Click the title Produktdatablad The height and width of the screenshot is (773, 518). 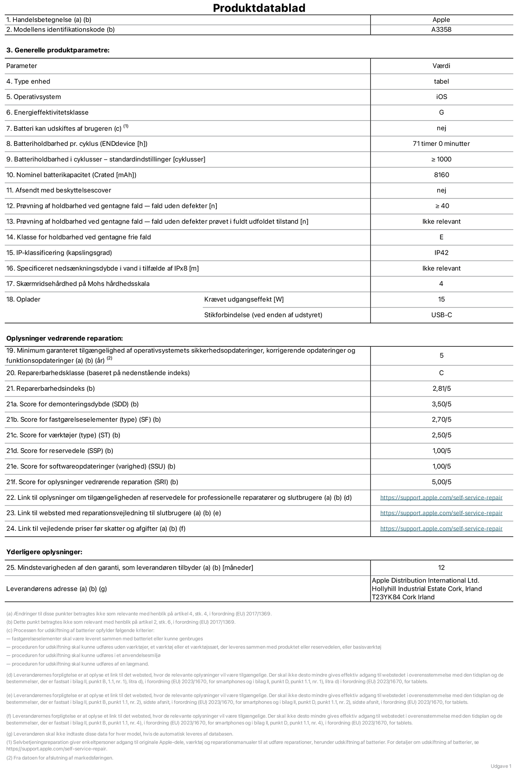[x=259, y=8]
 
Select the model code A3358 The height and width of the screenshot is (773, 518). [x=441, y=30]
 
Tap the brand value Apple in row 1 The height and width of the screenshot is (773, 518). [x=441, y=20]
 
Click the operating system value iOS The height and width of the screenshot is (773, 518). [x=441, y=97]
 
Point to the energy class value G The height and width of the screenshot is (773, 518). [x=441, y=112]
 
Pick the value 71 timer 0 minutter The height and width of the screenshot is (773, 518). [x=441, y=144]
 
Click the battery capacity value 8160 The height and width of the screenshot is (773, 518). [x=441, y=175]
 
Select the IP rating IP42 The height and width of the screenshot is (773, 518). [x=441, y=253]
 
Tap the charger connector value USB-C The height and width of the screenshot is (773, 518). [x=441, y=315]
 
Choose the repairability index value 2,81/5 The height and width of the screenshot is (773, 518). [x=441, y=388]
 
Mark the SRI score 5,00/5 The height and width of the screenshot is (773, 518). [x=441, y=482]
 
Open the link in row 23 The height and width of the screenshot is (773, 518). [x=441, y=513]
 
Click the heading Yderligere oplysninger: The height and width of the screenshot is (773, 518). [x=44, y=552]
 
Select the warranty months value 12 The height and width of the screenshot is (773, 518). [x=441, y=568]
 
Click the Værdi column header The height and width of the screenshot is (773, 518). [x=441, y=66]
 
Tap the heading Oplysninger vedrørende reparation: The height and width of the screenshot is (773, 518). [x=64, y=338]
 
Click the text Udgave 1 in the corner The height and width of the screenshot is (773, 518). [x=500, y=766]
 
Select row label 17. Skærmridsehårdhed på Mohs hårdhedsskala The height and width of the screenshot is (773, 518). [x=78, y=284]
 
